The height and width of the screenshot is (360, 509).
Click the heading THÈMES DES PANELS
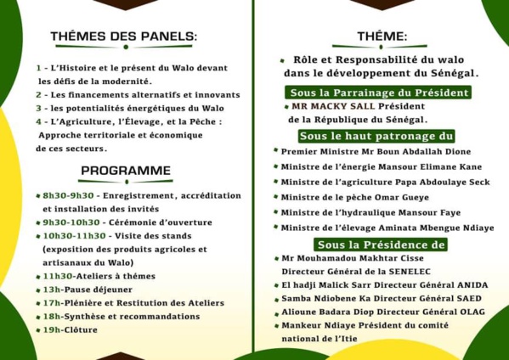coord(124,37)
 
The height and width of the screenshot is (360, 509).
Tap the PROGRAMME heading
coord(126,171)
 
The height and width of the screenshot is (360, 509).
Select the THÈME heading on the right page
coord(382,37)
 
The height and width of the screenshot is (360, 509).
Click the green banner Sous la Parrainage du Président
coord(378,93)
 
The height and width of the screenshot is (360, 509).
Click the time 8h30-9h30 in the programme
coord(68,196)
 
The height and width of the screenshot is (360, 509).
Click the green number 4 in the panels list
coord(39,121)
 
